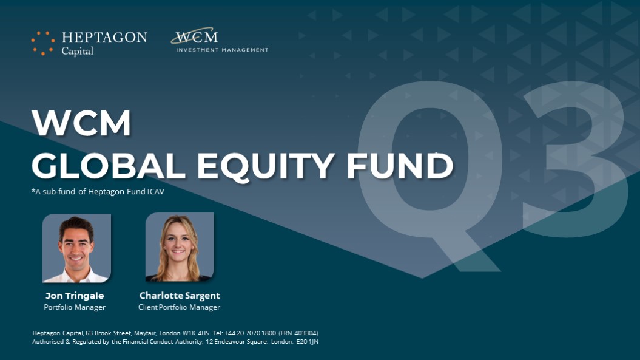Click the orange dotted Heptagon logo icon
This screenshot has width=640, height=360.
coord(43,43)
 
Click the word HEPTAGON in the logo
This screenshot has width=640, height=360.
coord(104,38)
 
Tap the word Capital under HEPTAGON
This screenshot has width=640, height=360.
coord(78,52)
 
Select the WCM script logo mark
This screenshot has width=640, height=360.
coord(194,36)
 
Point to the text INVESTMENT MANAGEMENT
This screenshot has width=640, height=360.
coord(222,50)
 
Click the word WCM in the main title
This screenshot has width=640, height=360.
coord(81,123)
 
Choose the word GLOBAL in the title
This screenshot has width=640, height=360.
coord(109,166)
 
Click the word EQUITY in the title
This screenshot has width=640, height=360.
coord(266,167)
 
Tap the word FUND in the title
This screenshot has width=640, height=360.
coord(400,166)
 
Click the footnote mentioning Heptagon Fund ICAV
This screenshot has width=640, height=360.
coord(98,191)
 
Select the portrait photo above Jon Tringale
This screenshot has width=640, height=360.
coord(76,248)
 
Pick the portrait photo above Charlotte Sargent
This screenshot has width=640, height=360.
coord(180,247)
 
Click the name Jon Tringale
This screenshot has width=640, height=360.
coord(75,296)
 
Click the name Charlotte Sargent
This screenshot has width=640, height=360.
coord(180,296)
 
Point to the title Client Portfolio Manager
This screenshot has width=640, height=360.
coord(179,307)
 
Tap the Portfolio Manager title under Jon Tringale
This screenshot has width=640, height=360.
coord(75,307)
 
